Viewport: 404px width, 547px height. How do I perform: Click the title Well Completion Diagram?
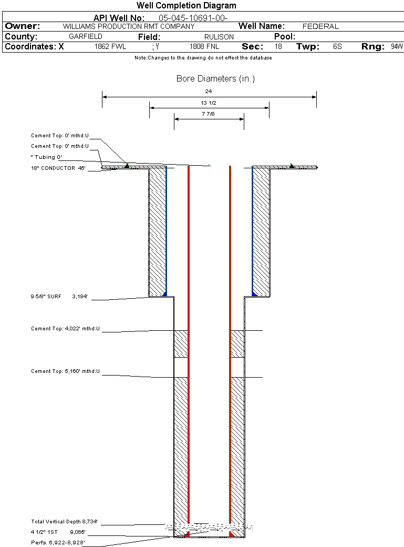click(187, 6)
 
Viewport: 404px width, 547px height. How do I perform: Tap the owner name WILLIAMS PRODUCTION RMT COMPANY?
click(128, 26)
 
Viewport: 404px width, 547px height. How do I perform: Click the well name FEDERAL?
click(320, 26)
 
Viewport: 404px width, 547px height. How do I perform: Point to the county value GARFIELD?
click(86, 37)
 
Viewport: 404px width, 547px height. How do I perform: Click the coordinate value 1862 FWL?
click(110, 47)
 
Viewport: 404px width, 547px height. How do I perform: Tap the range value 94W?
click(397, 47)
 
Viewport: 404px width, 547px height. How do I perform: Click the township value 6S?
click(337, 47)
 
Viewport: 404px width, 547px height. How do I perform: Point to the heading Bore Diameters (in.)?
click(215, 79)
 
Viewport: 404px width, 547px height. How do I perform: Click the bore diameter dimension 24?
click(209, 91)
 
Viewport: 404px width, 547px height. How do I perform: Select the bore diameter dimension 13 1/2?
click(209, 103)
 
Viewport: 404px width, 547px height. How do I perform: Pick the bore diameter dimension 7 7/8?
click(209, 114)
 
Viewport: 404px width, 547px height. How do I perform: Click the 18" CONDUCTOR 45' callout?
click(58, 168)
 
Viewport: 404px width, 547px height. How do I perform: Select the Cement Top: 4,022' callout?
click(65, 329)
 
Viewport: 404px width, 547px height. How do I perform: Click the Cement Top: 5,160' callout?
click(65, 371)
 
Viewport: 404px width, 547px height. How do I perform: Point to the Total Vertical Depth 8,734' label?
click(65, 522)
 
